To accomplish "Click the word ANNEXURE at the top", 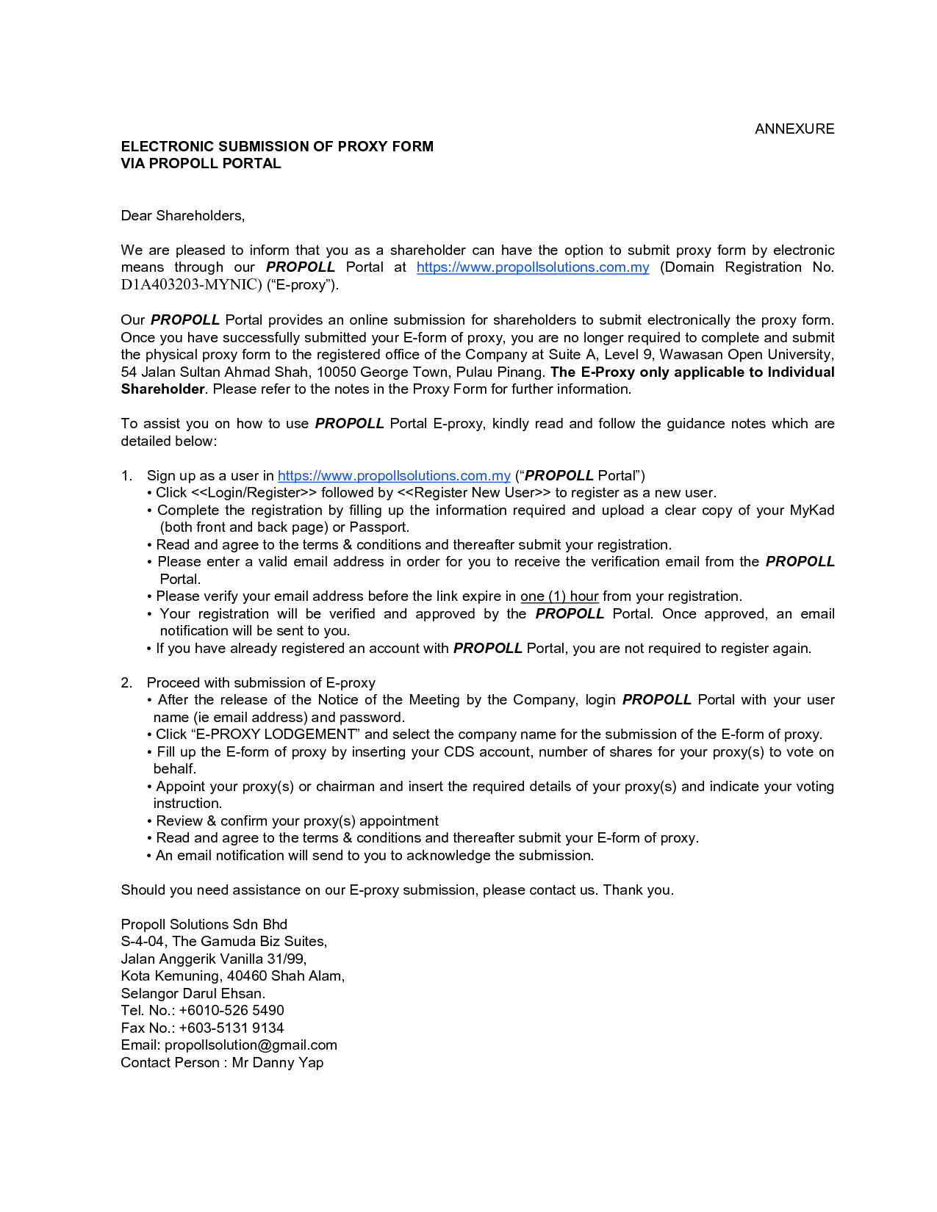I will [x=794, y=129].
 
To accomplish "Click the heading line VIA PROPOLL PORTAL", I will [x=201, y=164].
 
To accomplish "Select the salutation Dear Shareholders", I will [x=182, y=216].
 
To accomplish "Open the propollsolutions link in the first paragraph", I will [x=532, y=267].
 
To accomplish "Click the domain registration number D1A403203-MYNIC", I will [x=190, y=285].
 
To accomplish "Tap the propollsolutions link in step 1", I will [x=393, y=476].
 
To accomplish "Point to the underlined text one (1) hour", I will [x=559, y=596].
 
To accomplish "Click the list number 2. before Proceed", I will [x=126, y=683].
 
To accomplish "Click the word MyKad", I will [x=811, y=511].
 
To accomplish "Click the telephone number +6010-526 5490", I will [x=231, y=1011].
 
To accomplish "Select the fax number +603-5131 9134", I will [x=231, y=1028].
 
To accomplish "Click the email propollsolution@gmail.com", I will [x=251, y=1045].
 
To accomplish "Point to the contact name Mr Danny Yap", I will [x=277, y=1063].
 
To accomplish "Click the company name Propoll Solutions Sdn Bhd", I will [x=204, y=925].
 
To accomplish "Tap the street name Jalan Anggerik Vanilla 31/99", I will [x=213, y=959].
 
